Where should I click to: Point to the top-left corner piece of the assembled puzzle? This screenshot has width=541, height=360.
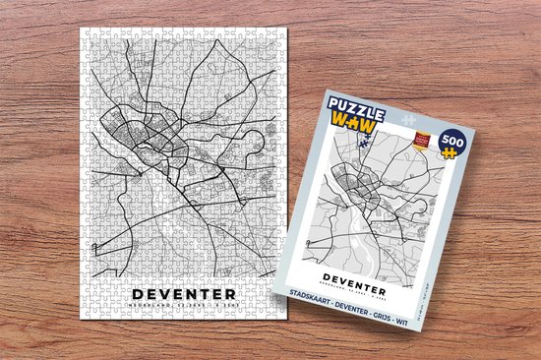86,32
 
